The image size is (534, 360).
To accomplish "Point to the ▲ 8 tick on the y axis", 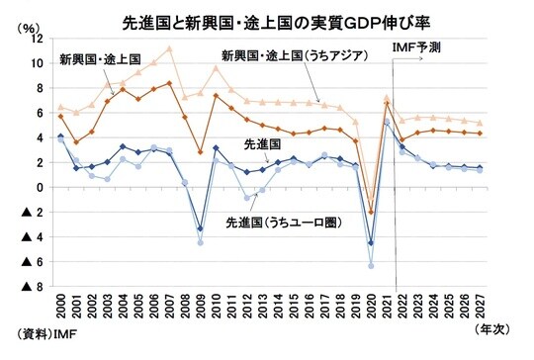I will [30, 287].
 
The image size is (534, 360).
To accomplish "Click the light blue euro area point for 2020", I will [371, 266].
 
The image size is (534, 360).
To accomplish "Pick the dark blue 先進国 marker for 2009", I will [200, 228].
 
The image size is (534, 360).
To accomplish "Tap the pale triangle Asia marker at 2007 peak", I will [169, 47].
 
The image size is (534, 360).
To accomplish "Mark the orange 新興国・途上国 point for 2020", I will [371, 213].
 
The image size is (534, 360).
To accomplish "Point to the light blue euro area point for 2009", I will [200, 242].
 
